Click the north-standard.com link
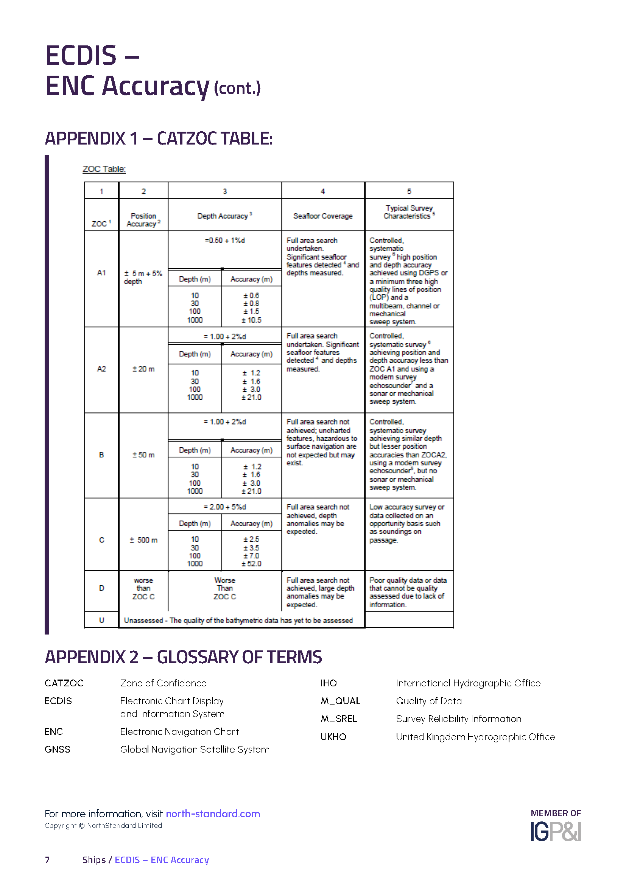(x=213, y=814)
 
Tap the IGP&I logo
(x=556, y=832)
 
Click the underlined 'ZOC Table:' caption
(x=104, y=169)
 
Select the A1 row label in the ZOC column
(x=101, y=273)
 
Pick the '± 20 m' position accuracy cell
(x=143, y=369)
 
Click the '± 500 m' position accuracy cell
(x=143, y=540)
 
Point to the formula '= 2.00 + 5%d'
(x=225, y=507)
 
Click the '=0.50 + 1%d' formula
(x=225, y=241)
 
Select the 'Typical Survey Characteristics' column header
(x=409, y=212)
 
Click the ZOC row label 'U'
(x=101, y=620)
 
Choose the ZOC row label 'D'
(x=101, y=588)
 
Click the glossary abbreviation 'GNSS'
(x=58, y=749)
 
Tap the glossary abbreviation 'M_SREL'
(x=339, y=719)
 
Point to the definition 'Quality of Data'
(x=429, y=701)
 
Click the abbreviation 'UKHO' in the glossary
(x=333, y=737)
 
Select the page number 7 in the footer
(x=47, y=860)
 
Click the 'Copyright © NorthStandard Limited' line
(x=103, y=826)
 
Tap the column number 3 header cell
(x=225, y=191)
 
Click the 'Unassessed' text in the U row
(x=143, y=621)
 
